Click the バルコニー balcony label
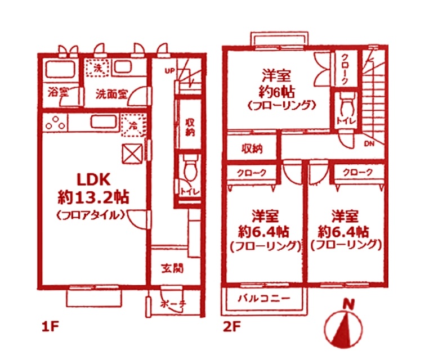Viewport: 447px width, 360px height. pos(264,298)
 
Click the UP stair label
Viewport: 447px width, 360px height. pos(169,71)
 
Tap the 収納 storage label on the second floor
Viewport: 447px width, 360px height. pos(252,149)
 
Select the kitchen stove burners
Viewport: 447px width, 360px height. pos(53,121)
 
